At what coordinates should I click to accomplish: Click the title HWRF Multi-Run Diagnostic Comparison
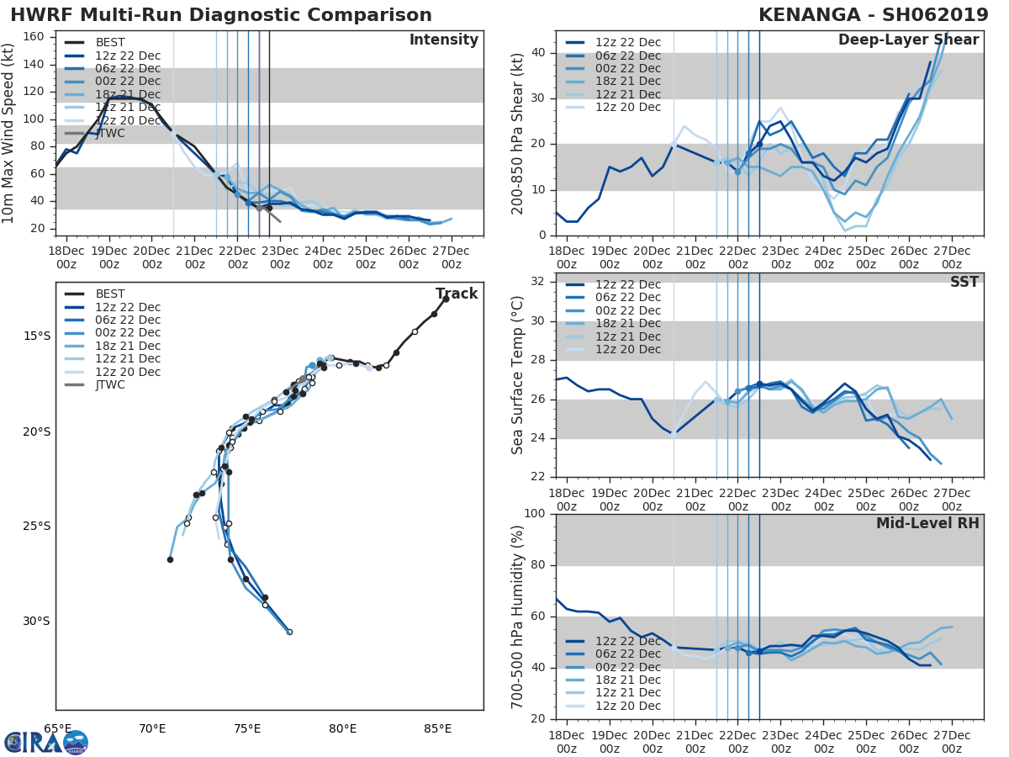click(221, 15)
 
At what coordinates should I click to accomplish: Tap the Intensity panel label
click(443, 40)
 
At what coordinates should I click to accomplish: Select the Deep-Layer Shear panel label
click(908, 40)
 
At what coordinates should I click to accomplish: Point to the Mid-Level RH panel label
click(927, 523)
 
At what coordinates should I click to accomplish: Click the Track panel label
click(456, 294)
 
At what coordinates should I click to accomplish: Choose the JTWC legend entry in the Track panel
click(110, 384)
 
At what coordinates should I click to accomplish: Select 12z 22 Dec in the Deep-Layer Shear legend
click(628, 43)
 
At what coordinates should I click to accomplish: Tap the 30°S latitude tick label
click(36, 622)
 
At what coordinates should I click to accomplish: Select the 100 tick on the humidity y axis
click(536, 514)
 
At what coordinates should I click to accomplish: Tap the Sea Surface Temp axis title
click(518, 375)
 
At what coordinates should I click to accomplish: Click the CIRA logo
click(46, 742)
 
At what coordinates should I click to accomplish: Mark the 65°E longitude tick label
click(57, 728)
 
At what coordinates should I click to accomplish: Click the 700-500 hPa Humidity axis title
click(518, 617)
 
